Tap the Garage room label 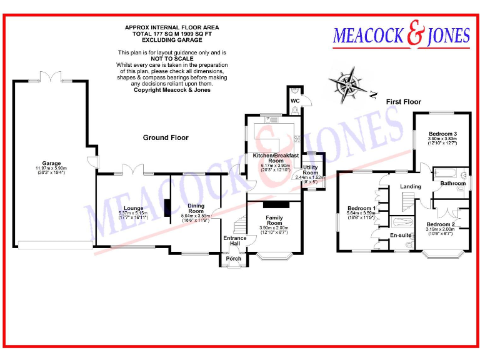(x=51, y=163)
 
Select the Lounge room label (x=133, y=208)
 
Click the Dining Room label (x=196, y=208)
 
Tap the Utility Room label (x=311, y=169)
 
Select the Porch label (x=233, y=259)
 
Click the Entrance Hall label (x=235, y=241)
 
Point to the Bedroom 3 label (x=442, y=134)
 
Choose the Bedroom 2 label (x=441, y=224)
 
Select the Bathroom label (x=452, y=184)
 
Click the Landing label (x=411, y=186)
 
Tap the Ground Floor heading (x=166, y=137)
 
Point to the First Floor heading (x=403, y=101)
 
